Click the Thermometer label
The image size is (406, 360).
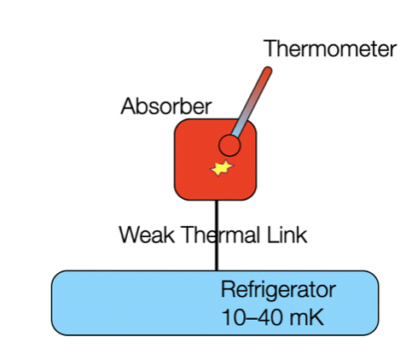[329, 49]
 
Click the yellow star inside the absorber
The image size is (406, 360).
[221, 168]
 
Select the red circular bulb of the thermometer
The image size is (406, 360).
[229, 145]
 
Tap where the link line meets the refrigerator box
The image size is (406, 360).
[216, 271]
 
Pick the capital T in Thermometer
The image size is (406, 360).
[270, 49]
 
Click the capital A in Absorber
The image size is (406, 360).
[129, 107]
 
